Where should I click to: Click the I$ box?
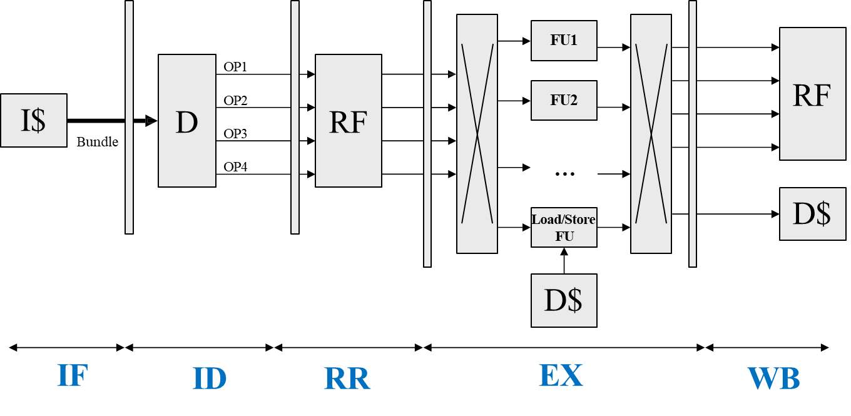(34, 121)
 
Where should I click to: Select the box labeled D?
(187, 121)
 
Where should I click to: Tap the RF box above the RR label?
(348, 121)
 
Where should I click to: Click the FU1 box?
(564, 41)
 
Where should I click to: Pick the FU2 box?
(564, 100)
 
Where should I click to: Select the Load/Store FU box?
(564, 228)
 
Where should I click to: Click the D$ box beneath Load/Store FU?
(564, 300)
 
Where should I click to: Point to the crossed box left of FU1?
(477, 134)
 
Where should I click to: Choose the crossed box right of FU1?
(651, 134)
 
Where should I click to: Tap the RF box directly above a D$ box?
(812, 94)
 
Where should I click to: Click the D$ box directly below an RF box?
(812, 214)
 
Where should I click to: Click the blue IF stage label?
(73, 376)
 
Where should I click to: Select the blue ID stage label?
(210, 378)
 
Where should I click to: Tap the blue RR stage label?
(347, 378)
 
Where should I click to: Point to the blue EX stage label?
(561, 376)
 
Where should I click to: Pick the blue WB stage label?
(773, 378)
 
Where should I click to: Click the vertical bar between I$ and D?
(129, 118)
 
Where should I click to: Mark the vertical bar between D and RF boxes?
(295, 118)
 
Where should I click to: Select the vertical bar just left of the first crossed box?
(427, 134)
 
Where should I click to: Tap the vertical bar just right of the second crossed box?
(693, 134)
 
